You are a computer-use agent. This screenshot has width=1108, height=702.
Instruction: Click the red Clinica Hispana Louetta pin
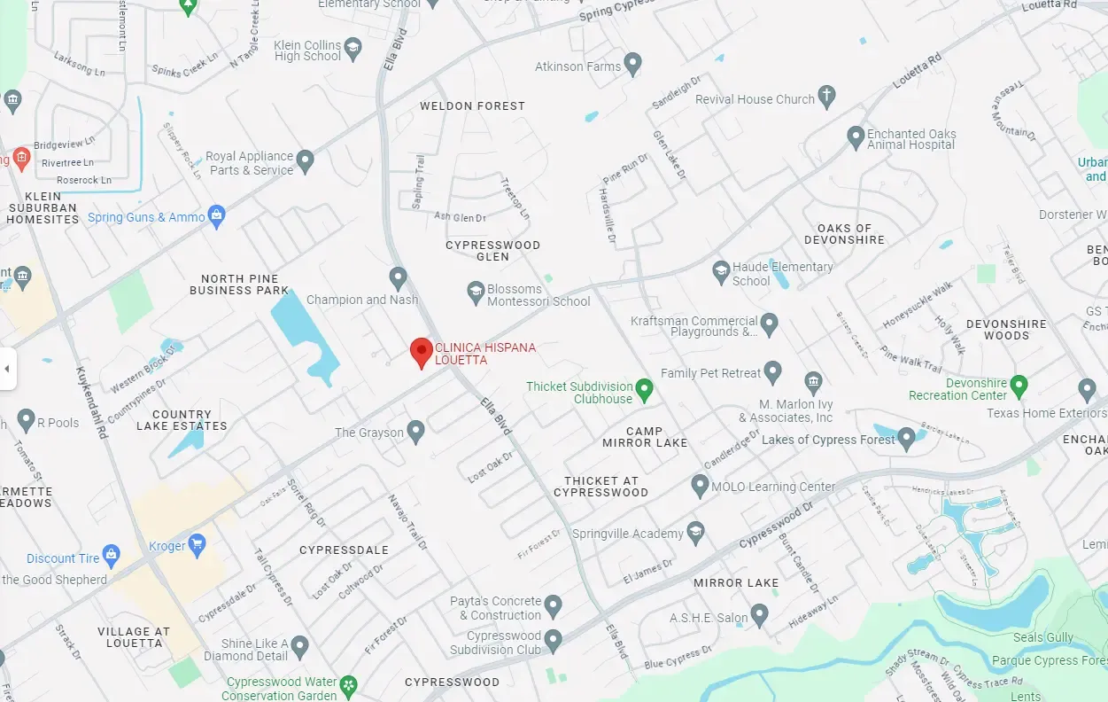422,352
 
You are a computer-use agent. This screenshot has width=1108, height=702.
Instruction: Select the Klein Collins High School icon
353,49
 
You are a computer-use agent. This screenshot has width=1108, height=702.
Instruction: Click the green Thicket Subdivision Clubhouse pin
645,389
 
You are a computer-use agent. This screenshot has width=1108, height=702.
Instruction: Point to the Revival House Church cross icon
826,97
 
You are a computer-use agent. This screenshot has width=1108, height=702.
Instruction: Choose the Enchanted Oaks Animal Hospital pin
856,137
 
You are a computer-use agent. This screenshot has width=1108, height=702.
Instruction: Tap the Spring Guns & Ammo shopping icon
217,215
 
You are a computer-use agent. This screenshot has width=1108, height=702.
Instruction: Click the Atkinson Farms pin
632,64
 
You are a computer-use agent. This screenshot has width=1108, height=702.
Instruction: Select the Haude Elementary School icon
722,270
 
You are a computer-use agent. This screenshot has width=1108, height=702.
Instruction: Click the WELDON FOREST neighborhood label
472,105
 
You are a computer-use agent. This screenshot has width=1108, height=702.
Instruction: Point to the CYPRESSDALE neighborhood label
344,550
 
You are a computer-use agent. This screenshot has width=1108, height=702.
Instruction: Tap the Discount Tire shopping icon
112,556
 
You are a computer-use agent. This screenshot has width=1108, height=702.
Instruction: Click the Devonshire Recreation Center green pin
1019,386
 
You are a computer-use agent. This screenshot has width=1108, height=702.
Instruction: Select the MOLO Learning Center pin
700,485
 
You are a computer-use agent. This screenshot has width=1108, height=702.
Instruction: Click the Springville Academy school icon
695,532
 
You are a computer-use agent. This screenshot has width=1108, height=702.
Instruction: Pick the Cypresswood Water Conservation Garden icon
350,685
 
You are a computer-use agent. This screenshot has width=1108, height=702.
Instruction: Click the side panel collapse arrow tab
7,368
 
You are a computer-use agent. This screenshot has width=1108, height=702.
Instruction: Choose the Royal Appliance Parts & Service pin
306,161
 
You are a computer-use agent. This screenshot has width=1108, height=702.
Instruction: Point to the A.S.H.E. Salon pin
759,615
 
